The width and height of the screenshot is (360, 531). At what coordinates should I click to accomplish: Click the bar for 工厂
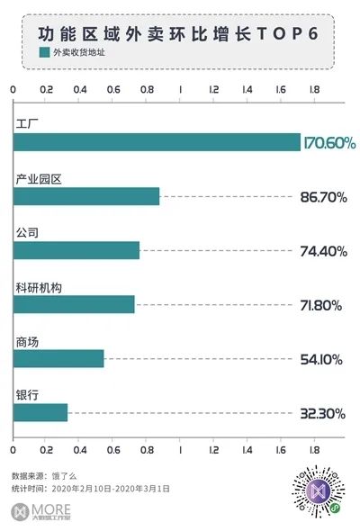tap(157, 142)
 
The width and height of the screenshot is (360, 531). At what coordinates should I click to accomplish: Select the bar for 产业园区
tap(86, 196)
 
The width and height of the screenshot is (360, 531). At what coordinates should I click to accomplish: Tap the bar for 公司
tap(76, 250)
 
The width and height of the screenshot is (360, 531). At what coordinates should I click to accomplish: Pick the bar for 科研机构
tap(74, 304)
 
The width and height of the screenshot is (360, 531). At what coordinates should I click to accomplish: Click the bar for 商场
tap(58, 358)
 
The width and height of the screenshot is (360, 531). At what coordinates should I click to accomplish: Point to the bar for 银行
tap(40, 412)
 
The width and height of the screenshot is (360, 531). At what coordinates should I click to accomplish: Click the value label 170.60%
tap(329, 143)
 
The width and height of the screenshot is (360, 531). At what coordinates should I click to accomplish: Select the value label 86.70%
tap(323, 197)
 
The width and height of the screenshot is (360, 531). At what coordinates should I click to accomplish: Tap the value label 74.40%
tap(323, 251)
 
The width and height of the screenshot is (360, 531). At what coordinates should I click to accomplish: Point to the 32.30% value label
tap(323, 413)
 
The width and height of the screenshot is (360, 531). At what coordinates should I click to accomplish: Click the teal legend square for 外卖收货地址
tap(44, 52)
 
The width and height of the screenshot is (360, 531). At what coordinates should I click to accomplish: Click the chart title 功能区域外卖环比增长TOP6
tap(178, 34)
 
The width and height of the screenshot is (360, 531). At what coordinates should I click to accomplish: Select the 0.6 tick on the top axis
tap(113, 89)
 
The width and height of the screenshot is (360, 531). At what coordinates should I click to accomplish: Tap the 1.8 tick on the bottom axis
tap(314, 450)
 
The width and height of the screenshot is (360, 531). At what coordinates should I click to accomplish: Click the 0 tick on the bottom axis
tap(13, 450)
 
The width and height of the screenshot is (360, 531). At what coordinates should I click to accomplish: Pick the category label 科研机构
tap(39, 288)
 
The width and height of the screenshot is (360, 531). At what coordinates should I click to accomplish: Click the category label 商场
tap(27, 342)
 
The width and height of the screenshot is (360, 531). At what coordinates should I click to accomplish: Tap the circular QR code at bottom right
tap(319, 491)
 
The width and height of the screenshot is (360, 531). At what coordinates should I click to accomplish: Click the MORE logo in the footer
tap(41, 511)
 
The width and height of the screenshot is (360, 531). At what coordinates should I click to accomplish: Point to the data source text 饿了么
tap(64, 476)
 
